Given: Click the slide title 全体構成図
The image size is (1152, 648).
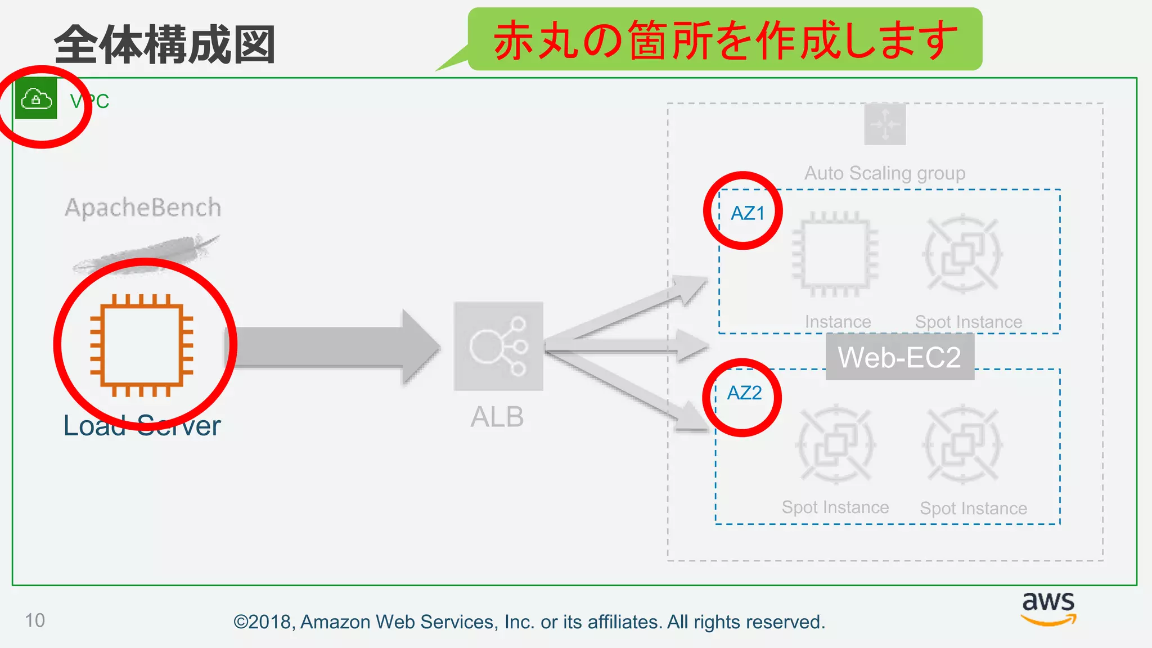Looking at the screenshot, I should [164, 45].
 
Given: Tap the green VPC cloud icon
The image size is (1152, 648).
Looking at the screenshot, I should [36, 100].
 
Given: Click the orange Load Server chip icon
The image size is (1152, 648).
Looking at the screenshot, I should [142, 345].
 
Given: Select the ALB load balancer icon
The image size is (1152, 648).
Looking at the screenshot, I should [498, 346].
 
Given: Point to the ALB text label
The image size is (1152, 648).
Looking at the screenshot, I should [497, 417].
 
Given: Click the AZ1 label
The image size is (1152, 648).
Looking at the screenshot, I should [748, 213].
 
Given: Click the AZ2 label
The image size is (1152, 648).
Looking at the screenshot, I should [744, 393].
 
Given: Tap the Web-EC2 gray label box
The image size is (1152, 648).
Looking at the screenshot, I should [899, 357].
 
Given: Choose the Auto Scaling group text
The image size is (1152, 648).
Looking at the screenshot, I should [885, 173].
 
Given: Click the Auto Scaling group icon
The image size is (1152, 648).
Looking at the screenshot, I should [885, 124].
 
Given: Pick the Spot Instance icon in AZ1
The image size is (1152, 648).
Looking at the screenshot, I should [962, 253].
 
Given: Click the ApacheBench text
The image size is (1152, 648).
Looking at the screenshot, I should [143, 208].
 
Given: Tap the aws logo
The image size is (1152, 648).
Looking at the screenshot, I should [1048, 608].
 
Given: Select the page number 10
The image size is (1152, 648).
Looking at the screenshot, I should [35, 620].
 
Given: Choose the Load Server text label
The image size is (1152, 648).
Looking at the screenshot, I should [142, 426].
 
